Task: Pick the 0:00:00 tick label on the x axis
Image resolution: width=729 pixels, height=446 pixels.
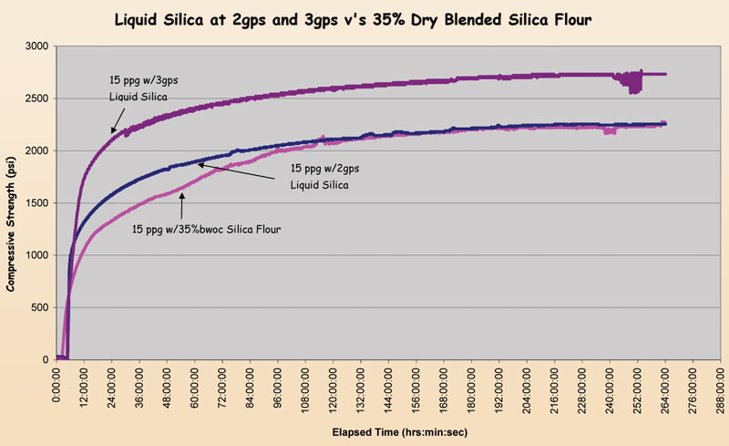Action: click(56, 384)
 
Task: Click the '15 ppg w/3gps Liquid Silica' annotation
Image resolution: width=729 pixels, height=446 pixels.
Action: click(139, 88)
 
